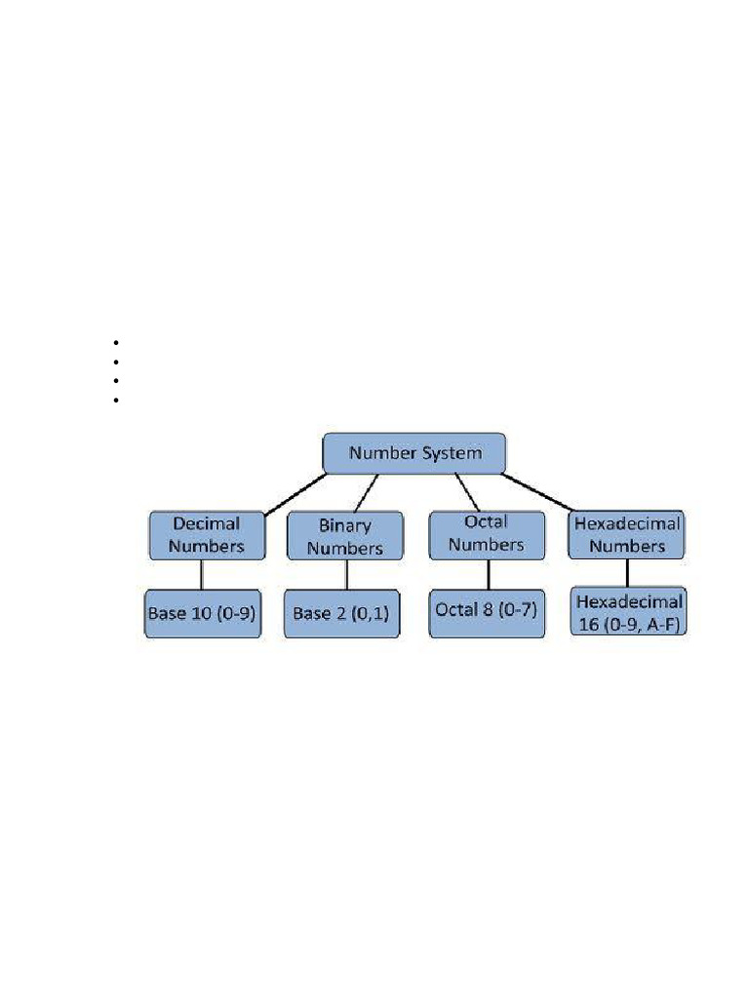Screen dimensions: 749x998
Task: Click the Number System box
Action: [x=414, y=453]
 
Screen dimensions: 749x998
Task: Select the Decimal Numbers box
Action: [x=207, y=535]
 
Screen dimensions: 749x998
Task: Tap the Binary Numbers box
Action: [x=345, y=536]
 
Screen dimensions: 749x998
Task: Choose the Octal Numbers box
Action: [x=487, y=534]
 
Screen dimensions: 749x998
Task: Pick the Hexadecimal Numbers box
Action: [x=627, y=534]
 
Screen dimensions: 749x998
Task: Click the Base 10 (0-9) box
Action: [x=203, y=614]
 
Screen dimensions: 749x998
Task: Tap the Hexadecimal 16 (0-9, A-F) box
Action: [x=629, y=612]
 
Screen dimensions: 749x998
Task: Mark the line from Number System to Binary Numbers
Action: [x=367, y=492]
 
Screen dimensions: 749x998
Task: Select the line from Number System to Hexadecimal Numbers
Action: [x=546, y=492]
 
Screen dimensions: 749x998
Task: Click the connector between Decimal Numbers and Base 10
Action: [x=202, y=574]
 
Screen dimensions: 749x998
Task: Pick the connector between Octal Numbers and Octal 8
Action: [x=487, y=572]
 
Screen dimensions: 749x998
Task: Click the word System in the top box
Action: [x=449, y=453]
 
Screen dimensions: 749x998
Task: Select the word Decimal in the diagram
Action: [x=207, y=524]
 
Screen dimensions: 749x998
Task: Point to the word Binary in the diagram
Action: [x=345, y=525]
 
